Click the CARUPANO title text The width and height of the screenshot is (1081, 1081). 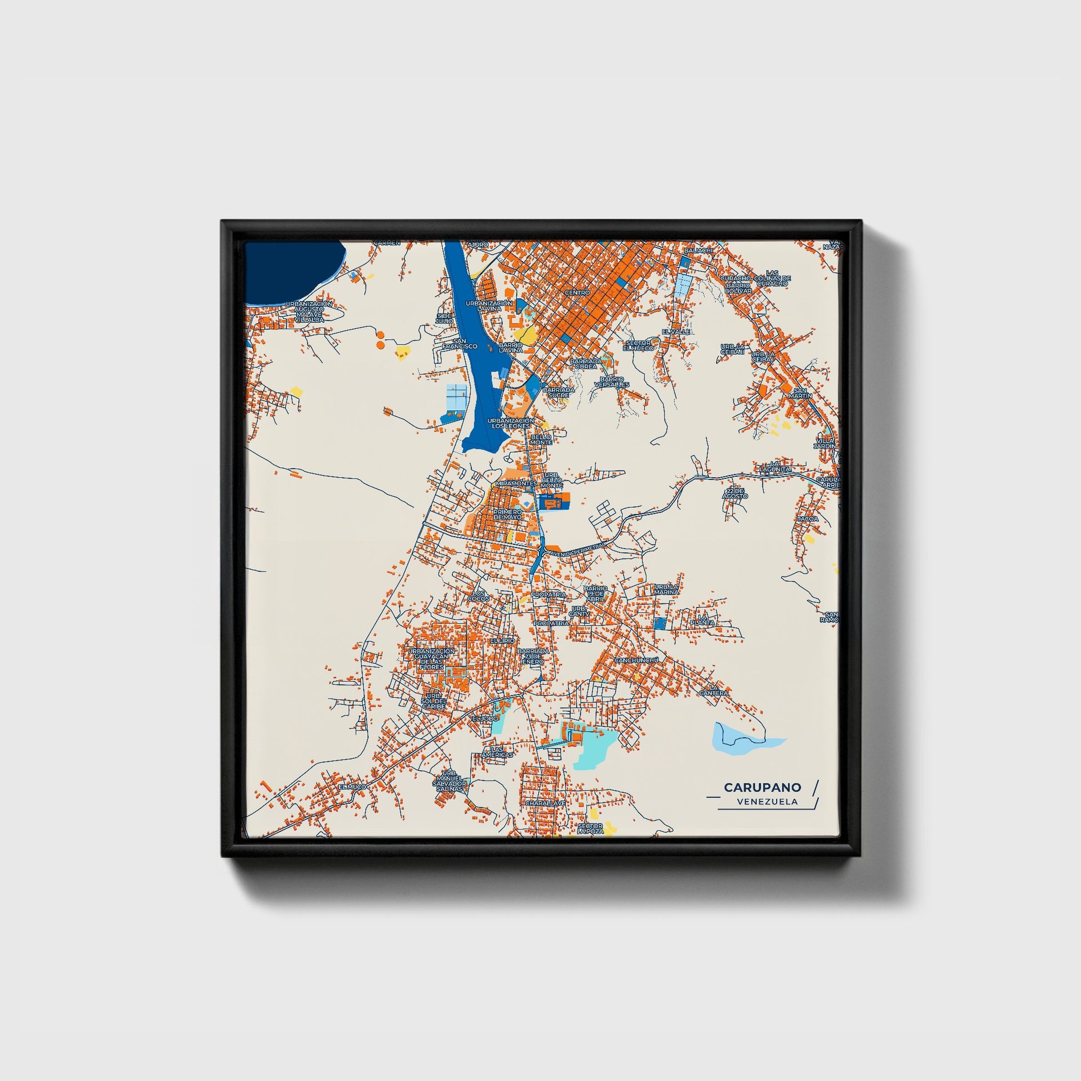[x=762, y=787]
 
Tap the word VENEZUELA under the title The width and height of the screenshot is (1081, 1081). [x=767, y=802]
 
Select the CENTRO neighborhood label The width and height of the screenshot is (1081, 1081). [x=577, y=293]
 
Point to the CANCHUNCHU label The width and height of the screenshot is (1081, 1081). [x=637, y=660]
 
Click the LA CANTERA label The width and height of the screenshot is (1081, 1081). [x=713, y=690]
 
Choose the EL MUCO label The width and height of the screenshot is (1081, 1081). [x=352, y=787]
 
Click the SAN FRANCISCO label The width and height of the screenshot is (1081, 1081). [x=460, y=343]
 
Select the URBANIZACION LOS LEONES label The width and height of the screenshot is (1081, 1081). [x=511, y=423]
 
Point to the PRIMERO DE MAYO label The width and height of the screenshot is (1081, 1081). [x=508, y=514]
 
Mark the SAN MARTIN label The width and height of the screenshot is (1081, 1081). [x=800, y=393]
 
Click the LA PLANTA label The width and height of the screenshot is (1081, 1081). [x=703, y=620]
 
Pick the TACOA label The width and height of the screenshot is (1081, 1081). [x=807, y=519]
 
